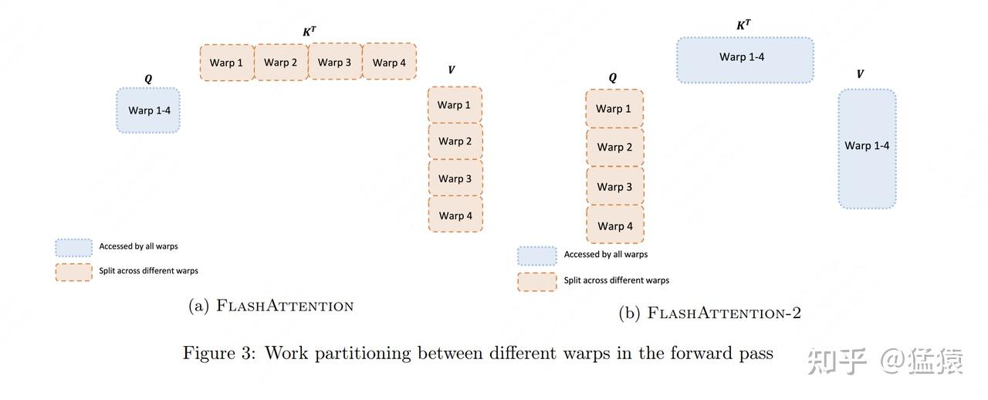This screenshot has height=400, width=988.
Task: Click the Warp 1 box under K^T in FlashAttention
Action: pos(227,63)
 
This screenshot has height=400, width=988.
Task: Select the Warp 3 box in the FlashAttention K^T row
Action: pos(335,62)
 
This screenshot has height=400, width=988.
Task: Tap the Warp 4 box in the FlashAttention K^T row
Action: pos(390,61)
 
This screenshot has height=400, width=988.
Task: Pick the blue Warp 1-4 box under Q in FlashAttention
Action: pos(148,110)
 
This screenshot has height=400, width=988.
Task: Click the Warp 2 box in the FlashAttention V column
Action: pos(455,141)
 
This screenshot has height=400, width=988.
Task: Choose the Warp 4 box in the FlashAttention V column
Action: pos(455,215)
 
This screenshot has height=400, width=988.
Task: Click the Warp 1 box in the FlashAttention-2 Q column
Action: pos(614,109)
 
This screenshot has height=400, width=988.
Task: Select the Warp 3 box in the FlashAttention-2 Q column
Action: pos(615,186)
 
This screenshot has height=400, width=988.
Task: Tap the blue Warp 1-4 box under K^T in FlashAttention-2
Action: pos(746,60)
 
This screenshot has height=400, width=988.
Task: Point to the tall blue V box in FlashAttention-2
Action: pos(867,149)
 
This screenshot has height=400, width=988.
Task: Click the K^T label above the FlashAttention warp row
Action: pos(310,32)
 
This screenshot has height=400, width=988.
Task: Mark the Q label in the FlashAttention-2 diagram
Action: pos(613,78)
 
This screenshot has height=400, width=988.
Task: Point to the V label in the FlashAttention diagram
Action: pos(452,69)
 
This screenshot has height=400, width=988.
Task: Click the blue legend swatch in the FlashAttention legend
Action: pos(73,248)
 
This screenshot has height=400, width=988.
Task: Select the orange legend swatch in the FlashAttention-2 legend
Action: pos(537,282)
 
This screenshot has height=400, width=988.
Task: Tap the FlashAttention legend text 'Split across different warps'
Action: pos(149,270)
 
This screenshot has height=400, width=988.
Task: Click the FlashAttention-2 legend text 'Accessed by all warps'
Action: pos(606,254)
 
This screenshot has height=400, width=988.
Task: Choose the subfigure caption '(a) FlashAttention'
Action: pos(271,306)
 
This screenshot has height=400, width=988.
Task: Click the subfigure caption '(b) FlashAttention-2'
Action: pos(709,313)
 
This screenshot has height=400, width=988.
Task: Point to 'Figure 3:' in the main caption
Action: pos(219,353)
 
